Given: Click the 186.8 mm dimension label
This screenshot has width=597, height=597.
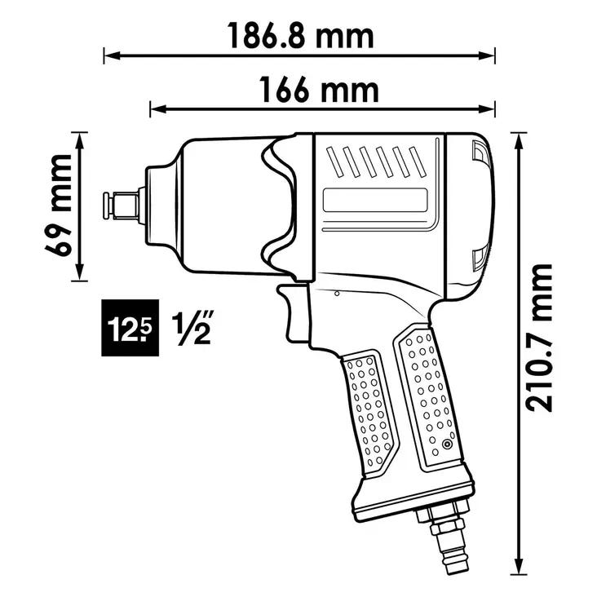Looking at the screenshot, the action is click(x=301, y=36).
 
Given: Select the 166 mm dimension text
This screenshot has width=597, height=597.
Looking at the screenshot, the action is click(x=319, y=91).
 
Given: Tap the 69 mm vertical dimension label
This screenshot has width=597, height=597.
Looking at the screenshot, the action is click(x=58, y=206).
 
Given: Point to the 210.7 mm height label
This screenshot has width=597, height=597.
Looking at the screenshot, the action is click(x=538, y=338).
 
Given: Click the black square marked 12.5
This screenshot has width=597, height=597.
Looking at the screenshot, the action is click(x=130, y=328).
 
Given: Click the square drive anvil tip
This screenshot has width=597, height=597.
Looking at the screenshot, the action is click(x=122, y=206).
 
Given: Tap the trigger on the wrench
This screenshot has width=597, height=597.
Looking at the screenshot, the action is click(x=293, y=313).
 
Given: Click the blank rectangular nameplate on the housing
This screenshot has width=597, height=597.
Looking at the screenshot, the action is click(x=375, y=200).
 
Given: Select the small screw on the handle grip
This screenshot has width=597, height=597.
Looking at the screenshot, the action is click(x=446, y=444).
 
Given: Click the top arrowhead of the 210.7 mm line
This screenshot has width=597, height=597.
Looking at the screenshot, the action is click(x=519, y=141).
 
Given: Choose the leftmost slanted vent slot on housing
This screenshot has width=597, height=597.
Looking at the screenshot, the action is click(x=335, y=162).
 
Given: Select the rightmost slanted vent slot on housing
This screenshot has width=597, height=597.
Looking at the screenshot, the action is click(x=418, y=162).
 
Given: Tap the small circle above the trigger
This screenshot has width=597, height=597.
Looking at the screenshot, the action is click(x=337, y=294).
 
